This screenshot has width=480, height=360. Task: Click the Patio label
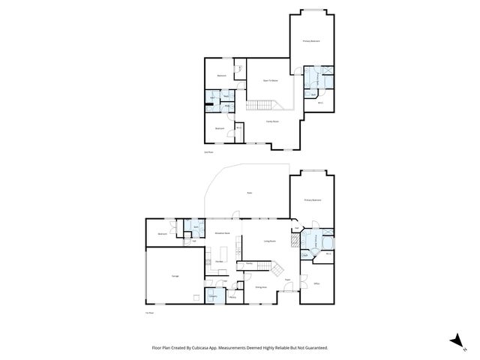click(x=249, y=193)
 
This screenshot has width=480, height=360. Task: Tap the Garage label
click(x=175, y=277)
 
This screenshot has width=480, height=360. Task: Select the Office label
click(x=317, y=283)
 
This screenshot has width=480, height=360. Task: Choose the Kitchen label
click(x=220, y=261)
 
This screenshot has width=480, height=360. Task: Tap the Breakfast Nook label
click(x=222, y=233)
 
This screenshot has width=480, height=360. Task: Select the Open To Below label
click(x=270, y=80)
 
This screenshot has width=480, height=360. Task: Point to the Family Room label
click(x=272, y=121)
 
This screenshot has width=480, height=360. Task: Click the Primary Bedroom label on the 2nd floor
click(x=311, y=41)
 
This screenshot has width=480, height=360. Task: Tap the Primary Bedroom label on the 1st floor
click(x=313, y=200)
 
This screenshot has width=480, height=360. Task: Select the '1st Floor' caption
click(x=149, y=312)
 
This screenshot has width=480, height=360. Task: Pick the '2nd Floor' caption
click(x=209, y=152)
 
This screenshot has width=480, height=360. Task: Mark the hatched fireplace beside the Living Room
click(x=296, y=241)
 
